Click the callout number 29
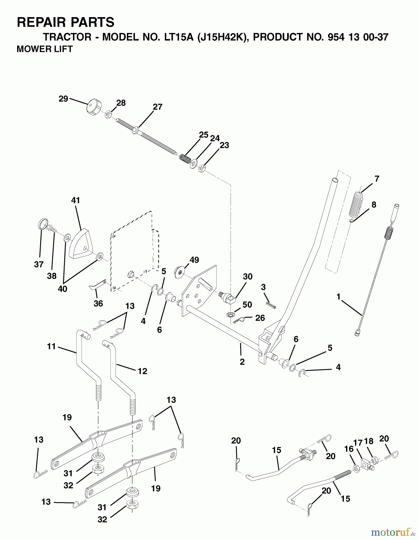point(63,99)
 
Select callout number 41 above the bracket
point(76,200)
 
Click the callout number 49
point(194,260)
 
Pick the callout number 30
point(248,276)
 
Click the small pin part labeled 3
point(271,304)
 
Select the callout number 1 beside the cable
point(339,297)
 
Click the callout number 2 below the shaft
point(242,362)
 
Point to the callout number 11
point(52,346)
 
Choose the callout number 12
point(142,371)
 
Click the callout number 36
point(98,303)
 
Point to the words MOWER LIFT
point(44,49)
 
